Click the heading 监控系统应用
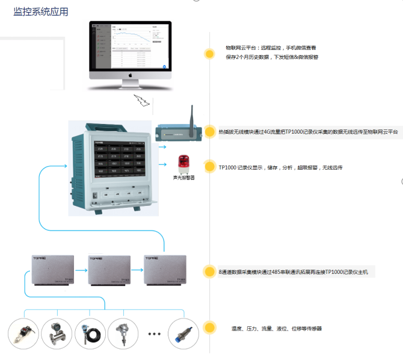pos(41,11)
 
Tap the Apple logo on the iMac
pos(129,77)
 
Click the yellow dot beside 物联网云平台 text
pos(209,54)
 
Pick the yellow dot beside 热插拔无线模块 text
pos(209,132)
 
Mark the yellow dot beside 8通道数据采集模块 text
pos(209,272)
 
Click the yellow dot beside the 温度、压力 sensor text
pos(209,328)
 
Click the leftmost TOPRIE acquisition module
pos(52,270)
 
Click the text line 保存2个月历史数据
pos(271,57)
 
